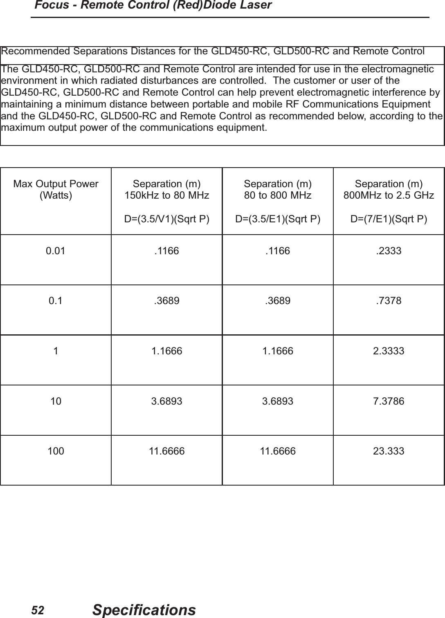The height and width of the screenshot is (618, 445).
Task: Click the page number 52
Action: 38,610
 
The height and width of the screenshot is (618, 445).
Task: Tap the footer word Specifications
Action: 144,610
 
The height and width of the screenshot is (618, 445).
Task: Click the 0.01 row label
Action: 56,251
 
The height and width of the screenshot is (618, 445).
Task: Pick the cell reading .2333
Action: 389,251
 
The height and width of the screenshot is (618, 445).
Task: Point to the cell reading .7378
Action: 389,301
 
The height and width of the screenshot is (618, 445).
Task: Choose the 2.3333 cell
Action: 389,351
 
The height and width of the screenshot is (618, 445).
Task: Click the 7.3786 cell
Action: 389,401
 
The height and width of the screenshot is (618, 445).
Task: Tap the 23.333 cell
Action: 389,451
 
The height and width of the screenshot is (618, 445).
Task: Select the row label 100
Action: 56,451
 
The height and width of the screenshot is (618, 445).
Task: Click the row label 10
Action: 56,401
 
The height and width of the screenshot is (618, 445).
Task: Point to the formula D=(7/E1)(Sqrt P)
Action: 389,219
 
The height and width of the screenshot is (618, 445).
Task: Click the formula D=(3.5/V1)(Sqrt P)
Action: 166,219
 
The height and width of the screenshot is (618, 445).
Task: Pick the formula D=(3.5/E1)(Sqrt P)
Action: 278,219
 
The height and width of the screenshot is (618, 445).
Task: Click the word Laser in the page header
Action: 256,5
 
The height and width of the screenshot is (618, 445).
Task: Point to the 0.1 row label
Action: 56,301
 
